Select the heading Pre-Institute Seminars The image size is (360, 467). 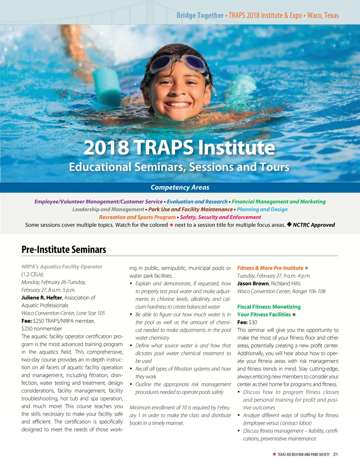click(x=64, y=250)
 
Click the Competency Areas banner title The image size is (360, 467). click(x=180, y=187)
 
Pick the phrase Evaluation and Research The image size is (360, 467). click(x=197, y=202)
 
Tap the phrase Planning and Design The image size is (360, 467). click(x=262, y=210)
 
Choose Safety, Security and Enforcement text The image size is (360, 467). click(x=220, y=217)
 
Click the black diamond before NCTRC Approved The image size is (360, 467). click(x=289, y=225)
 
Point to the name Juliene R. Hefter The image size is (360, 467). click(x=41, y=298)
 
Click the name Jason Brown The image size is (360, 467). click(x=253, y=284)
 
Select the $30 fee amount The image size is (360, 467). click(x=253, y=323)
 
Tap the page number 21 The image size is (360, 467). click(x=335, y=454)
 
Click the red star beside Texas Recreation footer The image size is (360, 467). click(x=274, y=454)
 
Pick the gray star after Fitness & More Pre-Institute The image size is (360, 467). click(x=306, y=268)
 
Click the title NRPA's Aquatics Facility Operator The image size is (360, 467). click(x=62, y=267)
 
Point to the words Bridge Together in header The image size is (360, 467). click(x=200, y=15)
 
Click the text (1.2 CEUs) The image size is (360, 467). click(x=32, y=275)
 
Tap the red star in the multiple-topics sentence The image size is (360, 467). click(x=171, y=225)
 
